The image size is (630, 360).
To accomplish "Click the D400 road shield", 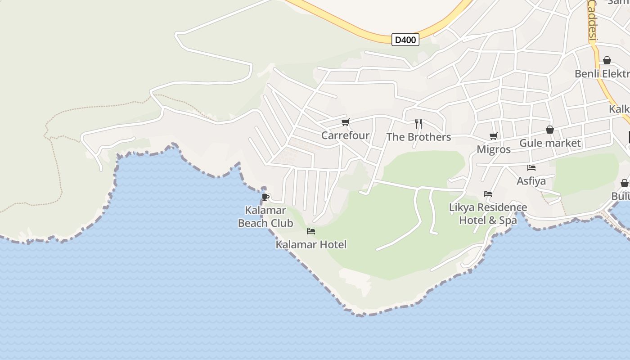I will pyautogui.click(x=405, y=40).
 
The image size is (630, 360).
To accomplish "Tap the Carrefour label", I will pyautogui.click(x=345, y=135).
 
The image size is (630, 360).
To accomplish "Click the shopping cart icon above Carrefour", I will pyautogui.click(x=346, y=122).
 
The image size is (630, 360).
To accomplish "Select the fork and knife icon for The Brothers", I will pyautogui.click(x=418, y=123).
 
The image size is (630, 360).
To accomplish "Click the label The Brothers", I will pyautogui.click(x=418, y=137).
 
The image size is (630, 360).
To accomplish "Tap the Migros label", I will pyautogui.click(x=494, y=149).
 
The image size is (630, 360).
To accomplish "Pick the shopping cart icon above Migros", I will pyautogui.click(x=494, y=136).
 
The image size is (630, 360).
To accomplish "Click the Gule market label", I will pyautogui.click(x=550, y=143).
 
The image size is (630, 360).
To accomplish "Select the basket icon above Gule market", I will pyautogui.click(x=549, y=130).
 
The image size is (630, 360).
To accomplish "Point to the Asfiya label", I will pyautogui.click(x=531, y=181).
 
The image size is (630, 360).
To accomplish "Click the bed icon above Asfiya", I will pyautogui.click(x=531, y=168).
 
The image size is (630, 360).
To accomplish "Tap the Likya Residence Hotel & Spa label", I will pyautogui.click(x=488, y=214).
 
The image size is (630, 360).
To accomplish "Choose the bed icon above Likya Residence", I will pyautogui.click(x=488, y=194).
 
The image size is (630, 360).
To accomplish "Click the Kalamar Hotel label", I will pyautogui.click(x=311, y=245).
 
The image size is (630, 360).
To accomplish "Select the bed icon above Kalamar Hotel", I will pyautogui.click(x=310, y=231).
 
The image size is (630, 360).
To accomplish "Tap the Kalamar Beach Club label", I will pyautogui.click(x=265, y=216).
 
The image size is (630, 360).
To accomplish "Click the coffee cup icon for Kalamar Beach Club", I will pyautogui.click(x=265, y=197).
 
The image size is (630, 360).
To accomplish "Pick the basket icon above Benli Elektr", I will pyautogui.click(x=607, y=60).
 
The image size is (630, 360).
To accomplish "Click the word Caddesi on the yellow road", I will pyautogui.click(x=592, y=21).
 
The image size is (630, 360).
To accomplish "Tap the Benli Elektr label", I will pyautogui.click(x=602, y=74).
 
